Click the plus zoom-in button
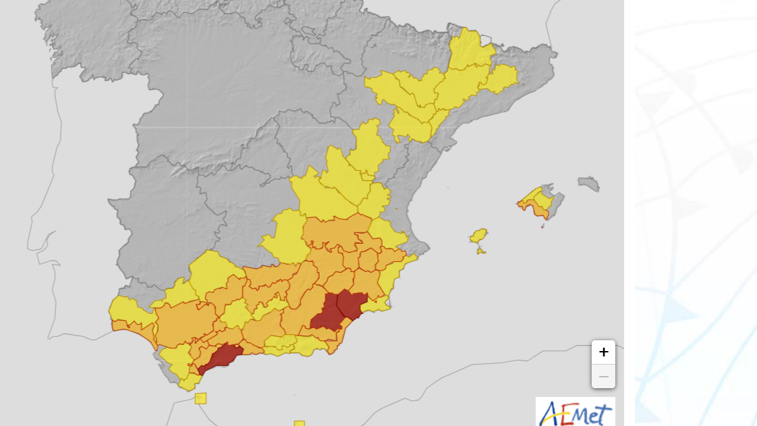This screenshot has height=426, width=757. [603, 352]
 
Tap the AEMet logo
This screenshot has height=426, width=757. [576, 412]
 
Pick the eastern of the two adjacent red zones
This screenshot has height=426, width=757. [352, 303]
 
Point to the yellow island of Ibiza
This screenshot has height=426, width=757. [478, 236]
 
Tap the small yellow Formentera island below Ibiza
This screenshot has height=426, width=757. [480, 251]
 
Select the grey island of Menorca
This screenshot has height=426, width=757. [589, 183]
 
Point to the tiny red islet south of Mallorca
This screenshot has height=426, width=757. [543, 225]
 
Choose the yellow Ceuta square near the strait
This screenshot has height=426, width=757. [200, 398]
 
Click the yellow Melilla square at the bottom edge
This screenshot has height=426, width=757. [299, 423]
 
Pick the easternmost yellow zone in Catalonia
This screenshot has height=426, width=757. [501, 78]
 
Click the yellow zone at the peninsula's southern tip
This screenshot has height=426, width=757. [190, 382]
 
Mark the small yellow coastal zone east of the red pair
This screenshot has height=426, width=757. [376, 304]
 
